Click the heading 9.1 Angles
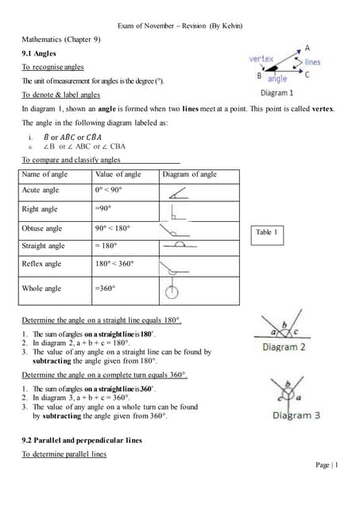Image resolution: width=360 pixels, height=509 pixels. [x=38, y=53]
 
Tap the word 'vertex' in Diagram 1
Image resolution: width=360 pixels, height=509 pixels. [x=261, y=59]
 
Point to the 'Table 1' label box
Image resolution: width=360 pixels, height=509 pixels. [x=266, y=232]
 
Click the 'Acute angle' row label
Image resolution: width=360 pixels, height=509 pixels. [x=41, y=191]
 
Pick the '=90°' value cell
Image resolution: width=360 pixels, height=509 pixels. [x=105, y=209]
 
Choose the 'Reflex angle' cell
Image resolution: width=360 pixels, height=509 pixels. [x=42, y=264]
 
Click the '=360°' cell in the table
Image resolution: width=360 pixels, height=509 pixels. [x=106, y=289]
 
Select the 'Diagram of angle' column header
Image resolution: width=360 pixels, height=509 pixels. [x=189, y=174]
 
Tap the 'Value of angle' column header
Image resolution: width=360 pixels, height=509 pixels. [x=118, y=174]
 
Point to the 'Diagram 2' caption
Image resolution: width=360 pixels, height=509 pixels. [x=284, y=347]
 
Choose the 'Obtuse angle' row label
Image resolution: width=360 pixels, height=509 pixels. [x=42, y=228]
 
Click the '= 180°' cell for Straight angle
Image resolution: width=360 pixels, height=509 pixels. [x=108, y=247]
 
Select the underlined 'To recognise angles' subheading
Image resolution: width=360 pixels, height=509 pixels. [x=52, y=68]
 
